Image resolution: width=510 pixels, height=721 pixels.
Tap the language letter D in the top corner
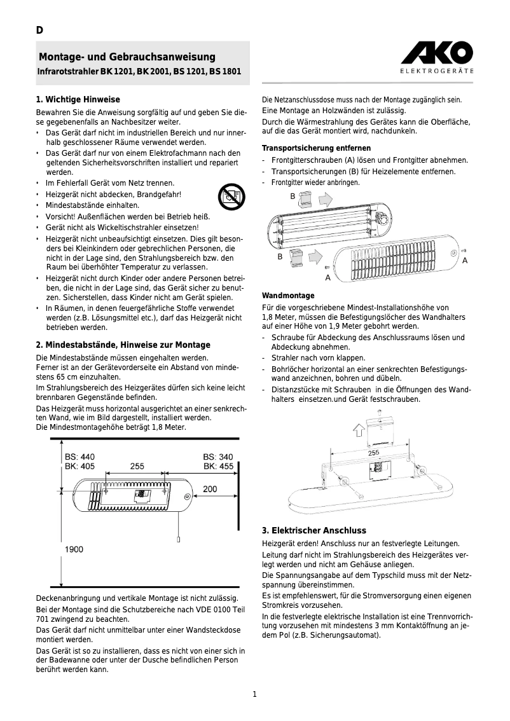pyautogui.click(x=39, y=30)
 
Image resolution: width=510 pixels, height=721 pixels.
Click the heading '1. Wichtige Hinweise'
pyautogui.click(x=78, y=100)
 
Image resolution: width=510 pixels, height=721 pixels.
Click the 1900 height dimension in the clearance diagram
pyautogui.click(x=74, y=549)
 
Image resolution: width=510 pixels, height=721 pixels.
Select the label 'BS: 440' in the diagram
pyautogui.click(x=80, y=457)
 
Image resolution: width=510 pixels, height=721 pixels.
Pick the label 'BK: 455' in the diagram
pyautogui.click(x=218, y=466)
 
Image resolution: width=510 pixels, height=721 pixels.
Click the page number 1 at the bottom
pyautogui.click(x=254, y=694)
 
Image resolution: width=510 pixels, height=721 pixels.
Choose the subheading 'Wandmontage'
pyautogui.click(x=288, y=296)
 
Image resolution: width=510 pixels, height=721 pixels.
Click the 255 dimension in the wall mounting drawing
pyautogui.click(x=374, y=452)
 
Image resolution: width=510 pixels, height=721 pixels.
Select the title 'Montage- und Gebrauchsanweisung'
pyautogui.click(x=127, y=57)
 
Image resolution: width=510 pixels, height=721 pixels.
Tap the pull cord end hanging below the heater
pyautogui.click(x=179, y=540)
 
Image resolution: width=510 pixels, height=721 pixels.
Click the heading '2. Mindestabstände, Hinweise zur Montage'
pyautogui.click(x=123, y=345)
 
